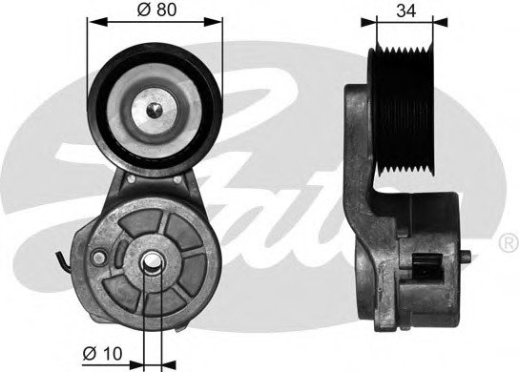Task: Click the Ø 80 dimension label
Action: coord(156,10)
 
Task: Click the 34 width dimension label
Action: coord(406,10)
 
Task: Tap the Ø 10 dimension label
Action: coord(103,354)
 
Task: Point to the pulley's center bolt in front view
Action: coord(155,110)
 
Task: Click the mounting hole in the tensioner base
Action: coord(152,261)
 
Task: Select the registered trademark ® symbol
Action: coord(508,243)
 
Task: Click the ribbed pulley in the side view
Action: coord(402,110)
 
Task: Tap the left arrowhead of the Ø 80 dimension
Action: coord(97,22)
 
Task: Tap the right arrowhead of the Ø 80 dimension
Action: coord(213,22)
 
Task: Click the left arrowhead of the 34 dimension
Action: coord(368,22)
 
